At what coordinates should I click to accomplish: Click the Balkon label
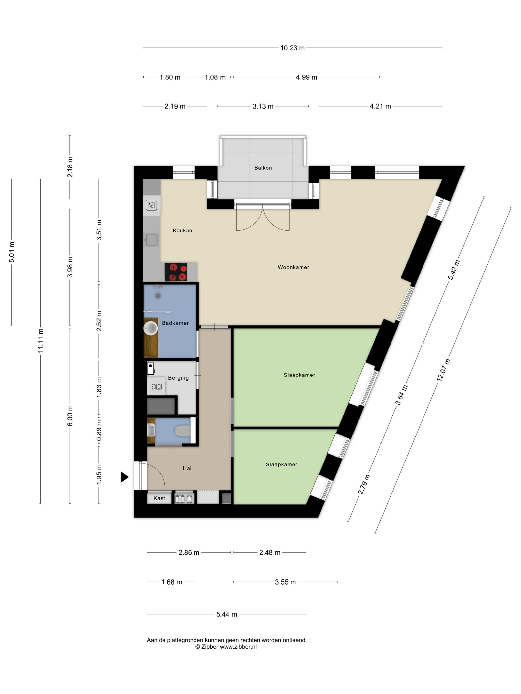point(263,168)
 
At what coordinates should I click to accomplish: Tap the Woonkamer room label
point(293,267)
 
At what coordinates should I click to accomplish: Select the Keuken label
point(182,230)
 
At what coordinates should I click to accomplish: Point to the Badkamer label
point(175,323)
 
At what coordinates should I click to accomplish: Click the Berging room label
point(178,378)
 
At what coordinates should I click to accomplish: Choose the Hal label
point(187,468)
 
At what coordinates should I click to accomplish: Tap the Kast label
point(159,498)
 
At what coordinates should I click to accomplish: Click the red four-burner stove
point(176,272)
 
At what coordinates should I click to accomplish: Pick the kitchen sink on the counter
point(151,240)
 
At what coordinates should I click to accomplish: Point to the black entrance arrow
point(124,477)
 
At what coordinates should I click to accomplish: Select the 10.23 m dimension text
point(292,48)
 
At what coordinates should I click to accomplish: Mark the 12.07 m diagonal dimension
point(443,370)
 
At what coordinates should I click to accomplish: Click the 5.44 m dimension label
point(227,614)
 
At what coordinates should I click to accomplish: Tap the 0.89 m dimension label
point(99,430)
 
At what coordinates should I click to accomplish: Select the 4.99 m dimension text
point(306,77)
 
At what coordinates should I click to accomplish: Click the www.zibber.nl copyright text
point(226,647)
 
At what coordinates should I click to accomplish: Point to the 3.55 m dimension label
point(285,582)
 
